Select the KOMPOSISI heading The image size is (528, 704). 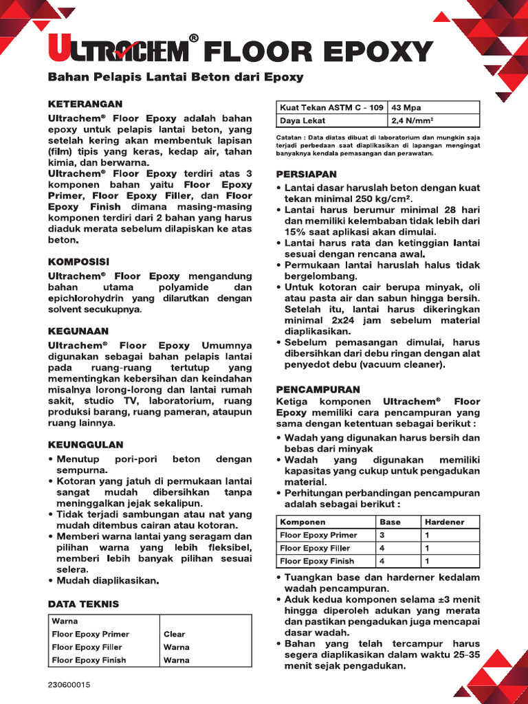point(78,262)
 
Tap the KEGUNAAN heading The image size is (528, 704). point(77,331)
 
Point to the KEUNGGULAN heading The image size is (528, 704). point(85,445)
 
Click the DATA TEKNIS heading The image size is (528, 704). point(83,604)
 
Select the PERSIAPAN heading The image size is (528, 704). point(305,175)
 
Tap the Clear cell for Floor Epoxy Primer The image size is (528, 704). point(174,634)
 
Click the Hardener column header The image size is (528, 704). point(444,522)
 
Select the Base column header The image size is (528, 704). point(390,522)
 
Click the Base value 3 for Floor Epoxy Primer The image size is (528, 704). point(383,535)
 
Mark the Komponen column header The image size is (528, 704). point(303,522)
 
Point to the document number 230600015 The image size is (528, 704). point(69,685)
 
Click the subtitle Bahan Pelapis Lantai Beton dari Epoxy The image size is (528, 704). point(175,77)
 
